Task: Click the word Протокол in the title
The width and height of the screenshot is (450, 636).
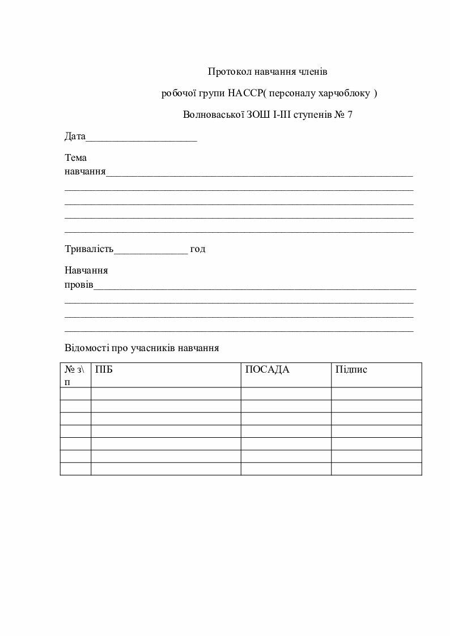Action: coord(226,72)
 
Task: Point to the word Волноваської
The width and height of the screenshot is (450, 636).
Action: coord(211,114)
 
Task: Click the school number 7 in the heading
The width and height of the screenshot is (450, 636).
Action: coord(350,114)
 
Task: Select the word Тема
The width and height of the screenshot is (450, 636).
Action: coord(76,158)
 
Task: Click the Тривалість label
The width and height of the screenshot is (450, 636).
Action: coord(90,249)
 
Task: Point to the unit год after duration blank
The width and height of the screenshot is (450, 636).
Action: coord(198,249)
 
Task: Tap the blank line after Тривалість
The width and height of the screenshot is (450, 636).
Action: coord(151,250)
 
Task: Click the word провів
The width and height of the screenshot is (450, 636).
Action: coord(79,284)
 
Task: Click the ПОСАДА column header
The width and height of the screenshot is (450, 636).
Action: coord(267,370)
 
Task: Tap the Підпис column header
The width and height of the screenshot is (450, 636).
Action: coord(351,370)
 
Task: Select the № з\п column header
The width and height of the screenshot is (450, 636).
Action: coord(75,375)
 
